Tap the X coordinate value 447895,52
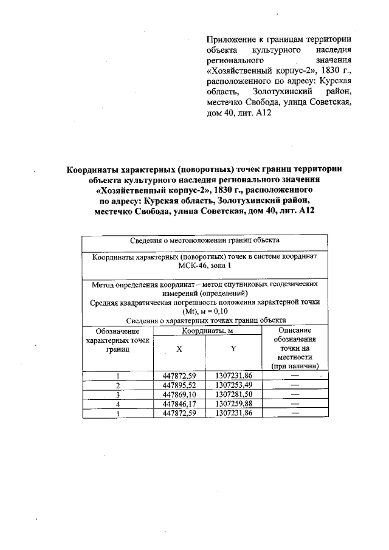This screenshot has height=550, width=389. click(x=179, y=385)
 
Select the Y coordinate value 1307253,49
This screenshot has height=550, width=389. click(x=233, y=385)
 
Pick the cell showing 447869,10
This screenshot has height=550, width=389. click(x=179, y=394)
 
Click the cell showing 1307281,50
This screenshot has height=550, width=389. click(x=233, y=394)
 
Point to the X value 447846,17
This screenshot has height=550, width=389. click(x=179, y=404)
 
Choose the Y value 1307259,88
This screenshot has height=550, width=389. click(x=233, y=404)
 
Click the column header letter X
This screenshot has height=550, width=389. click(x=179, y=349)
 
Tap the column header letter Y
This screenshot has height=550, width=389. click(x=233, y=349)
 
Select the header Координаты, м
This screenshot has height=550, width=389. click(x=207, y=331)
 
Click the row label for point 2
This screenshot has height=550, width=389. click(x=118, y=385)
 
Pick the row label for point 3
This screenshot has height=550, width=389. click(x=118, y=394)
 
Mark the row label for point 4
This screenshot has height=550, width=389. click(x=118, y=404)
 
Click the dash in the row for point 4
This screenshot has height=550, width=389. click(x=295, y=404)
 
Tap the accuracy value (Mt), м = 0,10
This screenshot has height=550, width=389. click(x=205, y=312)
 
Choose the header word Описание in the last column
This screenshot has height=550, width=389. click(x=295, y=329)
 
